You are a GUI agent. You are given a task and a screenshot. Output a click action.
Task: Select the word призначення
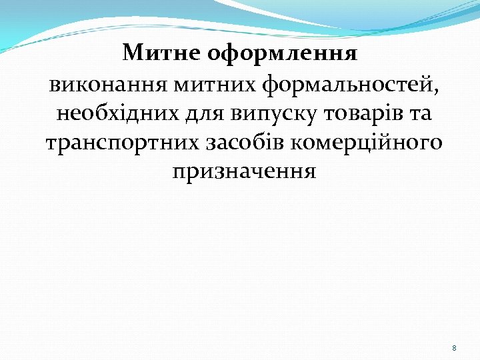click(244, 171)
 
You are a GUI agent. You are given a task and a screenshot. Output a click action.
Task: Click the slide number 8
click(454, 348)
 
